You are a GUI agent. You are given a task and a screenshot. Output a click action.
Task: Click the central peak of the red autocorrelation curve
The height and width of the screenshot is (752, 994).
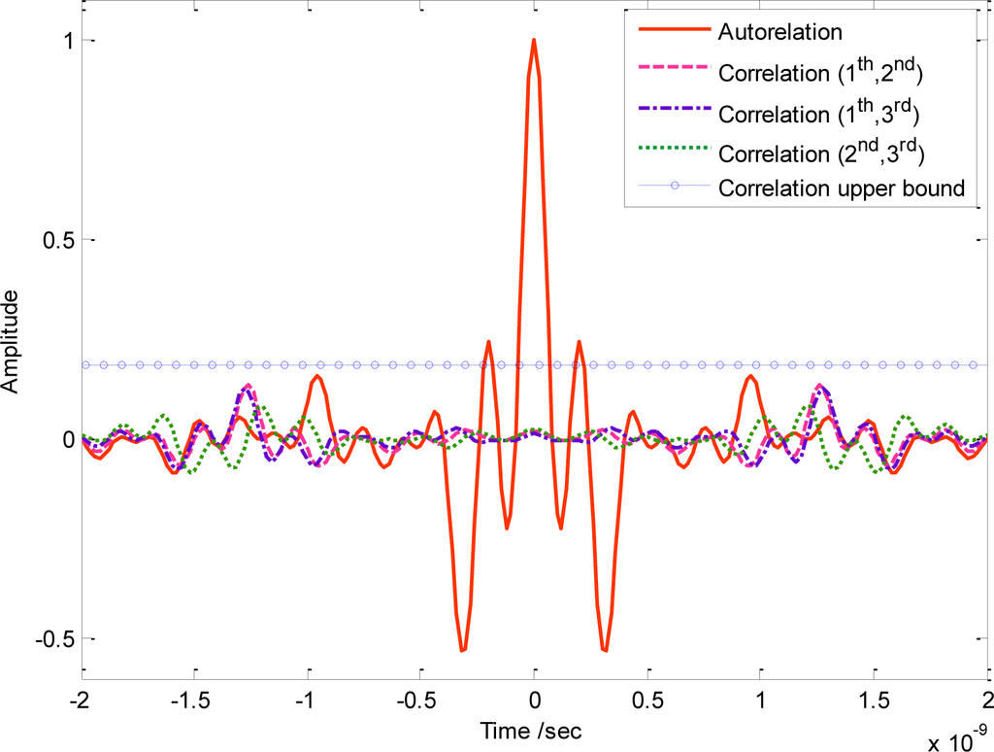coord(534,41)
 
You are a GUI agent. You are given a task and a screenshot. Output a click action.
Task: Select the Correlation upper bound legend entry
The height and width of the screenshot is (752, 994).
coord(843,188)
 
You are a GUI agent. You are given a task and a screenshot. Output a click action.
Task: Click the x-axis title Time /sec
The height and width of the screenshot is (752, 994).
coord(534,728)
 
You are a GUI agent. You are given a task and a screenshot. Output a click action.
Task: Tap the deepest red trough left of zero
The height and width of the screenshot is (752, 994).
coord(464,650)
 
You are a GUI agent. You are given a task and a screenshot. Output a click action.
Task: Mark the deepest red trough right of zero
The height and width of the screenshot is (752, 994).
coord(605,650)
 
